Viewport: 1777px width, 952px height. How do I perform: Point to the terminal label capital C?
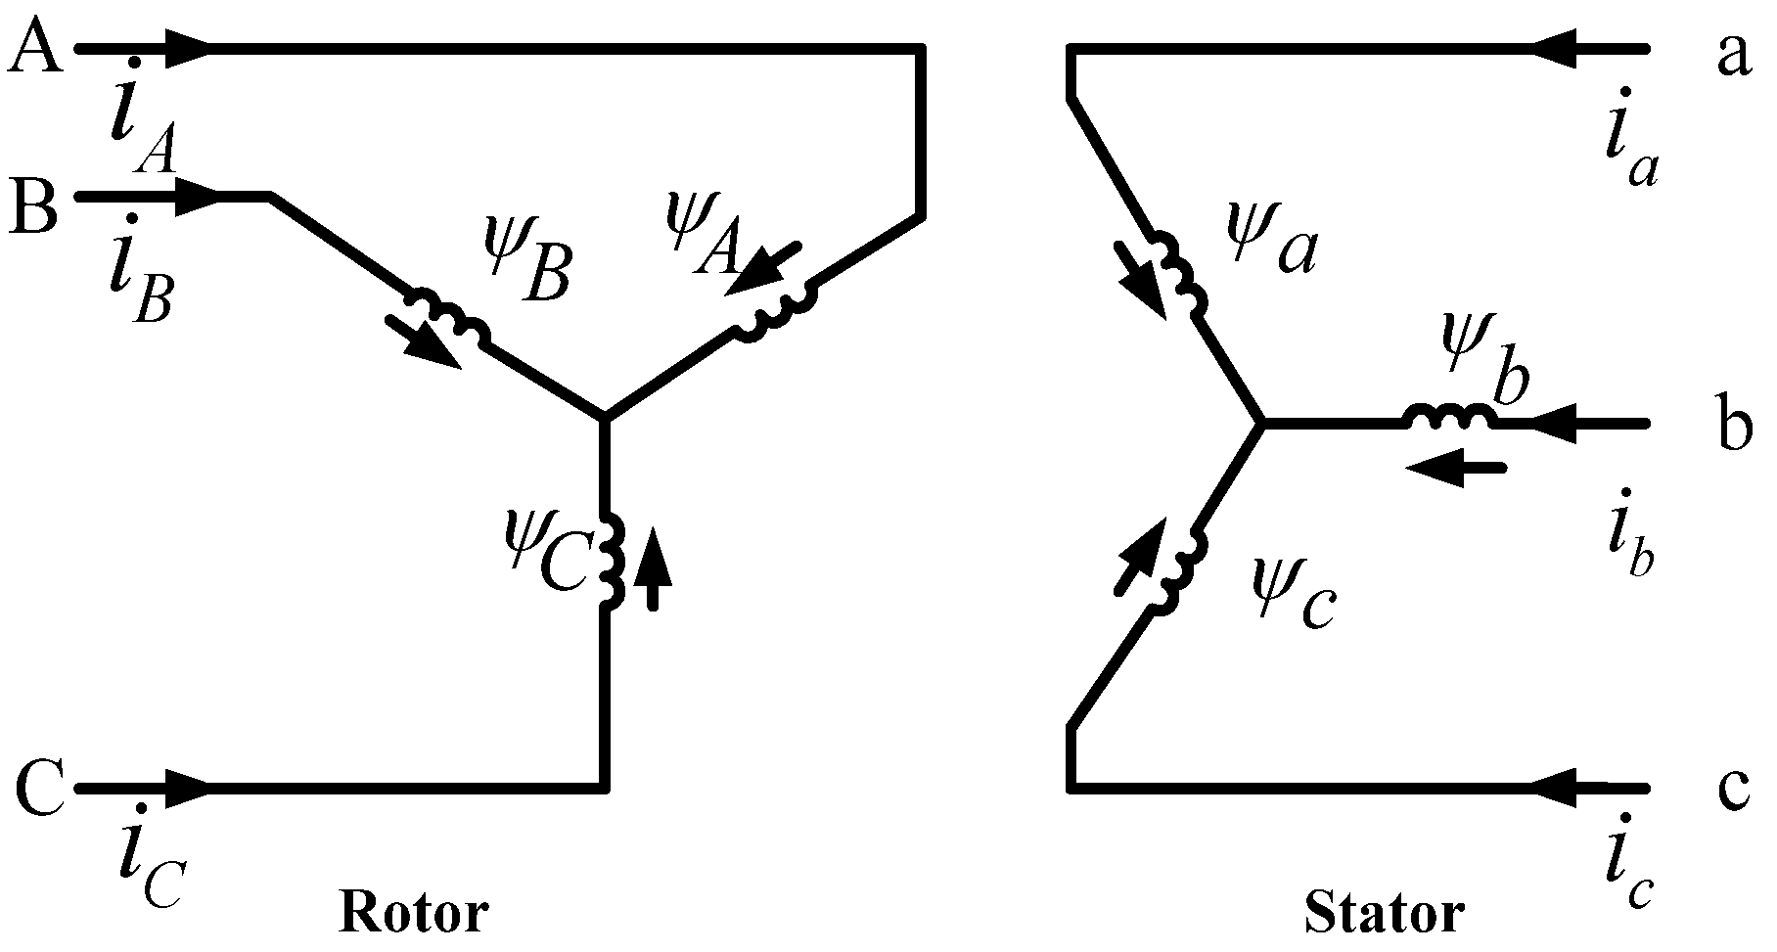[39, 788]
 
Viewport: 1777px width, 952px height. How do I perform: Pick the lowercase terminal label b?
[1735, 427]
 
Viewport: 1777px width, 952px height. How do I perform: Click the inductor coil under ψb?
[1449, 419]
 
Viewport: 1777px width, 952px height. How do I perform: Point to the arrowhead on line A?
[187, 47]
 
